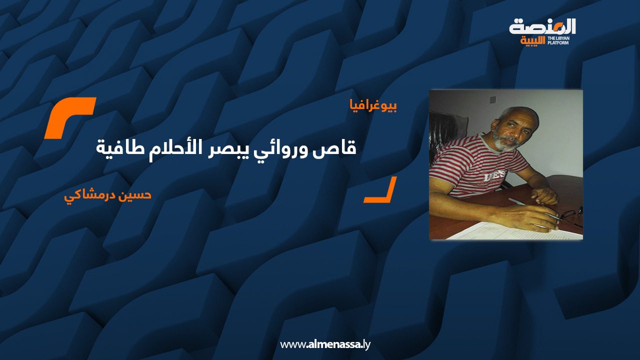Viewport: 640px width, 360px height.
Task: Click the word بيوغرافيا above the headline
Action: click(373, 106)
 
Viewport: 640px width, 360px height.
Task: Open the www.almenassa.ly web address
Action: click(325, 344)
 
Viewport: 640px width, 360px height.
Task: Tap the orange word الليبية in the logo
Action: click(532, 41)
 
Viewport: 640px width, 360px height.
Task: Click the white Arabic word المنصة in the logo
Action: click(542, 27)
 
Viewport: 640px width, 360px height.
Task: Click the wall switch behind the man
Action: click(493, 99)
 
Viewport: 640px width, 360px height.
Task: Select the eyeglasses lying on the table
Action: click(568, 215)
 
